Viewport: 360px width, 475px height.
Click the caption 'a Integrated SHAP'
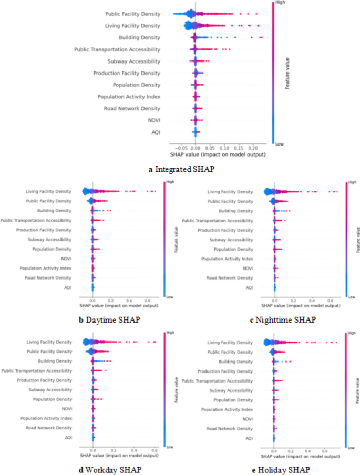click(180, 169)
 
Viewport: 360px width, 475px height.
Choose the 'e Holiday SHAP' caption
click(282, 469)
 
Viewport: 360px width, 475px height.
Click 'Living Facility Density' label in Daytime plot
click(48, 191)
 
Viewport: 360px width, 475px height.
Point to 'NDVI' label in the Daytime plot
click(66, 258)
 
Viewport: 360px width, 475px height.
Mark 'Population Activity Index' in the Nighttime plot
click(227, 259)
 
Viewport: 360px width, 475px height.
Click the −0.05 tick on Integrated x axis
click(179, 149)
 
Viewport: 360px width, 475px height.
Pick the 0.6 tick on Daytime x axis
click(148, 300)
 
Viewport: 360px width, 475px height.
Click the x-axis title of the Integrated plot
click(218, 156)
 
